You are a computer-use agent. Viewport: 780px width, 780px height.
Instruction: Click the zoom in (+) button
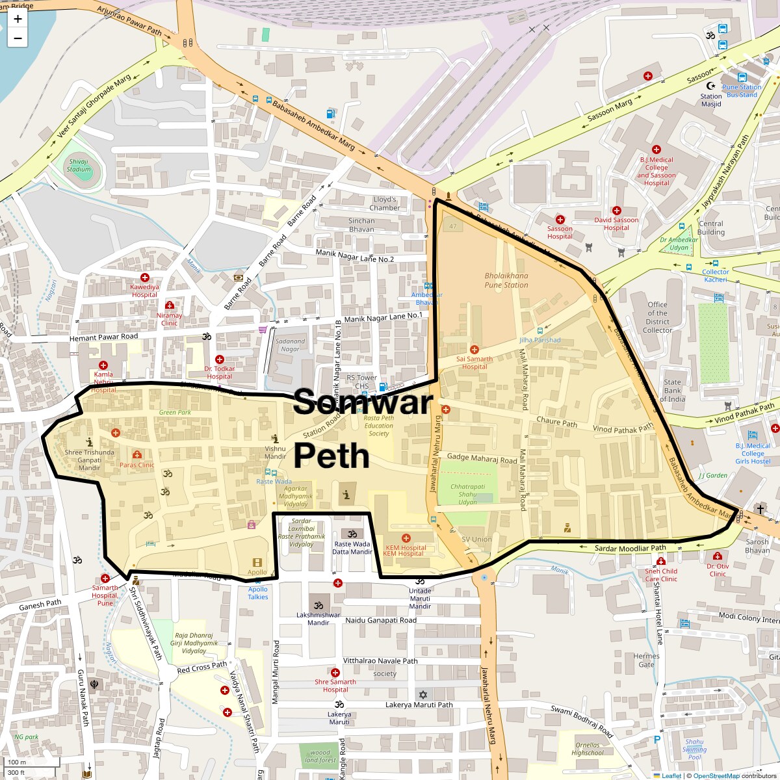[18, 19]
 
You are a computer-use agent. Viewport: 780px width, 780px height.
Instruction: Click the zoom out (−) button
[18, 38]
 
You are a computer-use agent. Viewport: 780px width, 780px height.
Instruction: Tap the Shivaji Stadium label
[79, 166]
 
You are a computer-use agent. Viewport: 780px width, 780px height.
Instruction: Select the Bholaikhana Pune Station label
[506, 280]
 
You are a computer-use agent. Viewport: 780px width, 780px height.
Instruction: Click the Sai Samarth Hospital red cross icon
[474, 350]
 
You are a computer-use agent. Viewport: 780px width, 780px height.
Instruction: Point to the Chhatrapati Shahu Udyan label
[467, 494]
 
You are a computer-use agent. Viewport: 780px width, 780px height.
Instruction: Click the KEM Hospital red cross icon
[406, 538]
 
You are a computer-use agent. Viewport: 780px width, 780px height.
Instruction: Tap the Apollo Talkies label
[257, 593]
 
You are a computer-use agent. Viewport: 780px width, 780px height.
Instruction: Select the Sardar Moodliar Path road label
[630, 549]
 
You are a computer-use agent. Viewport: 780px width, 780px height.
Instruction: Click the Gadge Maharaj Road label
[482, 458]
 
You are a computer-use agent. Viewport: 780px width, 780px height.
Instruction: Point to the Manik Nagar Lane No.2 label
[355, 256]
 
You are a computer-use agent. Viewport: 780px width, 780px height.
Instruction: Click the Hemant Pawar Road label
[104, 337]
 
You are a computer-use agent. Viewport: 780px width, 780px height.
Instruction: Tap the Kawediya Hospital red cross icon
[145, 278]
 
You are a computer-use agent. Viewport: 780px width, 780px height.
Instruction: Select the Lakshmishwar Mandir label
[318, 619]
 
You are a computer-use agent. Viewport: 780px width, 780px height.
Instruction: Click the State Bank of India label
[673, 391]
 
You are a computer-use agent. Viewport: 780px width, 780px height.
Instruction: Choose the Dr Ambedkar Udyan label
[679, 244]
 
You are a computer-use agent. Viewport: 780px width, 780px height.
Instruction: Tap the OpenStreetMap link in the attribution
[716, 775]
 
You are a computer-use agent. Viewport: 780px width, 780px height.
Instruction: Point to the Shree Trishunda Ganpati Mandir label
[90, 460]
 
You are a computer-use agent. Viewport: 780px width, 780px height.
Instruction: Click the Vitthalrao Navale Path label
[380, 661]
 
